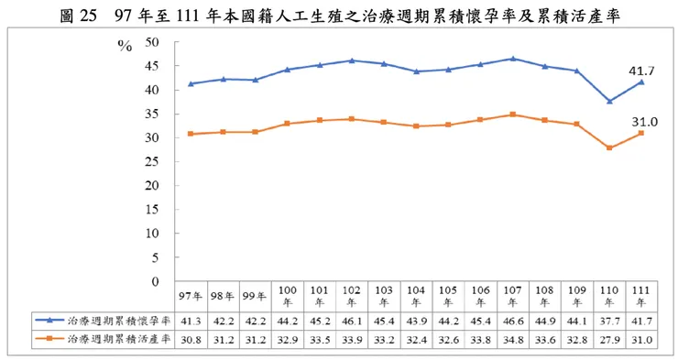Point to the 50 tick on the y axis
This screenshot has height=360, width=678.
pyautogui.click(x=151, y=42)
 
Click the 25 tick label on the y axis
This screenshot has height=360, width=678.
pyautogui.click(x=151, y=161)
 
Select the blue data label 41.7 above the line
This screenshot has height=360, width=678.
pyautogui.click(x=640, y=70)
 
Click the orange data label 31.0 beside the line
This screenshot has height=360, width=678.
pyautogui.click(x=640, y=121)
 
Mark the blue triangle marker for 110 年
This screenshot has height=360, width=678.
pyautogui.click(x=609, y=101)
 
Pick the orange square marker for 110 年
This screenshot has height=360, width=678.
pyautogui.click(x=609, y=147)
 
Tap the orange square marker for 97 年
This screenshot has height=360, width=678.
pyautogui.click(x=191, y=134)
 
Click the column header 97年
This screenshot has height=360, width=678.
pyautogui.click(x=191, y=295)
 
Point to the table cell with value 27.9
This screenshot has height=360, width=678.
pyautogui.click(x=609, y=339)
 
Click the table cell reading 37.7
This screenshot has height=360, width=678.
pyautogui.click(x=609, y=321)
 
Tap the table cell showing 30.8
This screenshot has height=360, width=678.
pyautogui.click(x=191, y=339)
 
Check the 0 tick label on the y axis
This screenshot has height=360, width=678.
pyautogui.click(x=155, y=280)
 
